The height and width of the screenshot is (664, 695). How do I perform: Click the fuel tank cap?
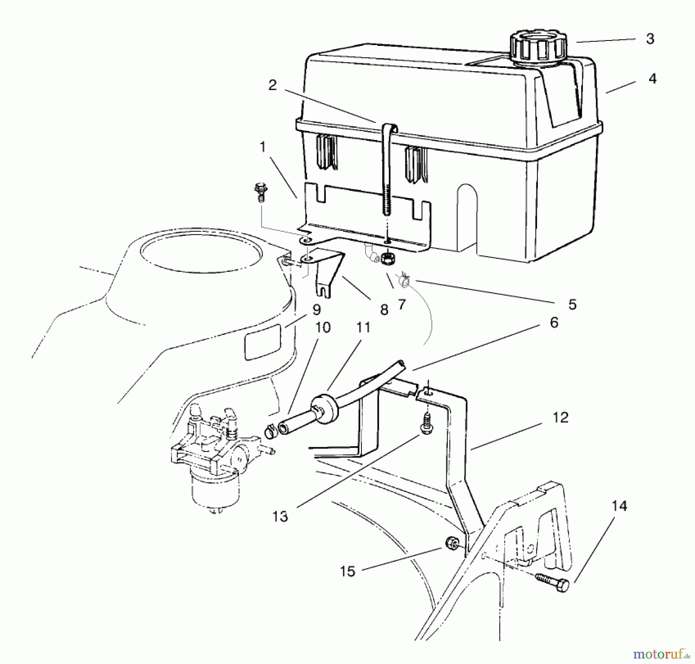click(539, 47)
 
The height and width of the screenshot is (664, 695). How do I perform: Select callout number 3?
click(650, 39)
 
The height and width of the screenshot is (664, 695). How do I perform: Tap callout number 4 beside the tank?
click(652, 79)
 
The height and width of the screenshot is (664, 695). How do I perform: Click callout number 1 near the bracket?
click(263, 147)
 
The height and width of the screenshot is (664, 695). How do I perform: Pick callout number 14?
click(619, 506)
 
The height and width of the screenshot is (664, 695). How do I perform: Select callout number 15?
click(347, 571)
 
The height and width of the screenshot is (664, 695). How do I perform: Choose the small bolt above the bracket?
click(261, 192)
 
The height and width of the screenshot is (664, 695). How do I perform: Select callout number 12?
click(560, 418)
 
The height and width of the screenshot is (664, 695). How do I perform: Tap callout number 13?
click(280, 516)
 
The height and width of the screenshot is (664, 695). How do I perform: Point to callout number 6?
click(554, 323)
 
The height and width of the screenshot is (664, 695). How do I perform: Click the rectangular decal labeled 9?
click(263, 341)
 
